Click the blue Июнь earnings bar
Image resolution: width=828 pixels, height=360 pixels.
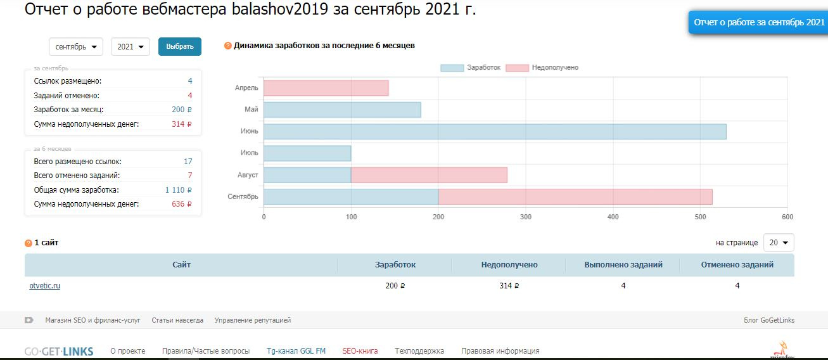tap(494, 132)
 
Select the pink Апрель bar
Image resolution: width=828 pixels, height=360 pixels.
tap(326, 88)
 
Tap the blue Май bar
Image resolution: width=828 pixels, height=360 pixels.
tap(342, 110)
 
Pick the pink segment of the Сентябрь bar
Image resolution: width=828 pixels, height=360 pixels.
tap(575, 197)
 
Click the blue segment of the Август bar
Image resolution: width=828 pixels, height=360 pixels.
tap(307, 175)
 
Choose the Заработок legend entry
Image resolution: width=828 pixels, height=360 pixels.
tap(471, 68)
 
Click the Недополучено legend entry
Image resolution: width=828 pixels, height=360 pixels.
tap(543, 68)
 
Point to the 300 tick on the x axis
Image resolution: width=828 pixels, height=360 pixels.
tap(525, 217)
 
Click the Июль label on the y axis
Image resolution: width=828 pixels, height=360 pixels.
tap(249, 153)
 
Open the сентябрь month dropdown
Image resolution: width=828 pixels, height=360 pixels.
tap(76, 47)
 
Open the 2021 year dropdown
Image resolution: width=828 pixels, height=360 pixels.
tap(130, 47)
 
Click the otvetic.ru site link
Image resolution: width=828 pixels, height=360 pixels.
tap(45, 286)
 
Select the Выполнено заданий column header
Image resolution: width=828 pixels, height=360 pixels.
tap(623, 265)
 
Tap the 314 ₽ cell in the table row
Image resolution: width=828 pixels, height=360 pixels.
tap(509, 286)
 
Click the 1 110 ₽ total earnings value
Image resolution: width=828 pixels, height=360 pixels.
tap(178, 190)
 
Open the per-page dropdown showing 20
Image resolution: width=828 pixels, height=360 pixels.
tap(779, 243)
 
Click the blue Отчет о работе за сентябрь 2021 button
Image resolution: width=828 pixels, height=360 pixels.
tap(758, 22)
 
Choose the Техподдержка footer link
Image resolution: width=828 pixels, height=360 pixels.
tap(419, 351)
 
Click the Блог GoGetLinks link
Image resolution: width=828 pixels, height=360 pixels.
tap(769, 321)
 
